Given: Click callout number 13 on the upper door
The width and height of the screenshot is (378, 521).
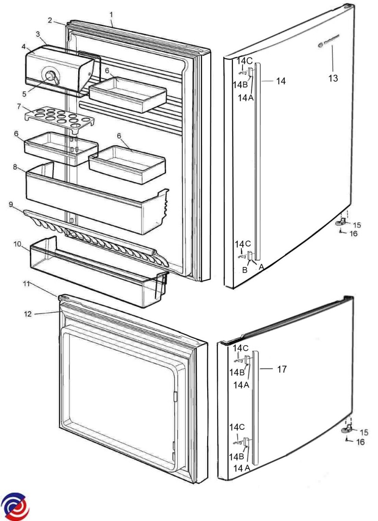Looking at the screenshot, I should click(333, 79).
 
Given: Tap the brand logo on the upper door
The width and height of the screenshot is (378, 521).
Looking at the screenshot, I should click(328, 43).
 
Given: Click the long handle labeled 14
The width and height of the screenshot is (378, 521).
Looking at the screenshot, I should click(258, 161).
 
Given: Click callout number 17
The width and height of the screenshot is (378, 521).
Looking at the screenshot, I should click(282, 369).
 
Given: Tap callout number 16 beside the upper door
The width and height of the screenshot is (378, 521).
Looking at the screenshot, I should click(353, 234).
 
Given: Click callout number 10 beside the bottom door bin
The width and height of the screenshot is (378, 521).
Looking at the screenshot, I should click(18, 244).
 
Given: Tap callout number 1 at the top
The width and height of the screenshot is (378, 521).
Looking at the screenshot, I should click(111, 14).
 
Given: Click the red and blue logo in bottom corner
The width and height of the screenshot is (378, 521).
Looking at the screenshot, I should click(15, 505).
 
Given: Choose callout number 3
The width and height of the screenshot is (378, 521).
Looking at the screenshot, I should click(38, 33).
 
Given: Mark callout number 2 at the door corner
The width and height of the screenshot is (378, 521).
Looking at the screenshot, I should click(50, 20).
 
